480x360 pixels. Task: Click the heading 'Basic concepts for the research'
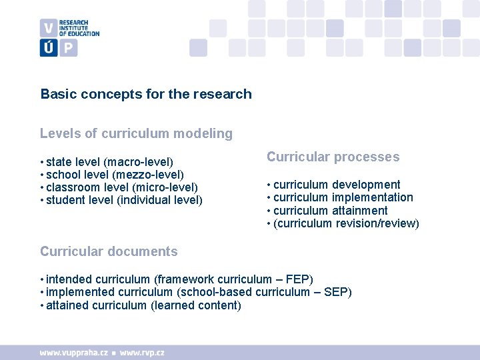[x=146, y=94]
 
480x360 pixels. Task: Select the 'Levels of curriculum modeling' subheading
[x=136, y=133]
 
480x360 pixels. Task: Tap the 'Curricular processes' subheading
[x=333, y=157]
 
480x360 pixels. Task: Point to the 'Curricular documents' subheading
[x=109, y=251]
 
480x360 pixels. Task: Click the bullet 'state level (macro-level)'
[x=109, y=162]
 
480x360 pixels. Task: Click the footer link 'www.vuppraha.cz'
[x=74, y=352]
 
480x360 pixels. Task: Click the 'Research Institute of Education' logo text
[x=79, y=28]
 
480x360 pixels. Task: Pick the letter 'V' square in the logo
[x=49, y=28]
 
